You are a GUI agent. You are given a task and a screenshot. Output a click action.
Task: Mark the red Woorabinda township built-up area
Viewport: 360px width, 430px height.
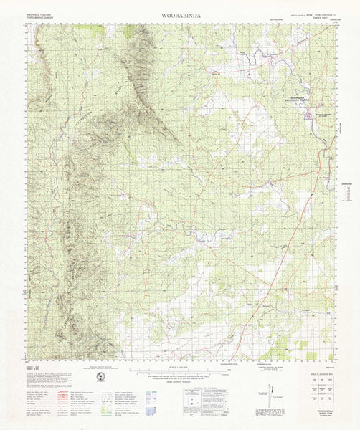309,112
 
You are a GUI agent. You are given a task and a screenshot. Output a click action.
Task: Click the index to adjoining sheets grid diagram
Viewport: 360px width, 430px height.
318,391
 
